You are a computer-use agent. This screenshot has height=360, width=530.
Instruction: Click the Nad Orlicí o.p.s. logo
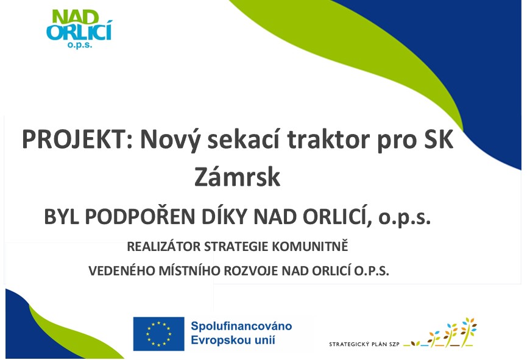(79, 29)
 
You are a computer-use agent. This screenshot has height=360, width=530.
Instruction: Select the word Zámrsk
(238, 177)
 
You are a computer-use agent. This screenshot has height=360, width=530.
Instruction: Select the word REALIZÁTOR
(164, 247)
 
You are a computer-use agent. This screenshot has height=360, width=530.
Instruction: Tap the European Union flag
(158, 334)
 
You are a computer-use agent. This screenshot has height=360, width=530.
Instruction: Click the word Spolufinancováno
(241, 326)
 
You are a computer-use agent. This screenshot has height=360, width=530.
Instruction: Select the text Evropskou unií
(233, 340)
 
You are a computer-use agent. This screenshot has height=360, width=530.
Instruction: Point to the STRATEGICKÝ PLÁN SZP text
(364, 344)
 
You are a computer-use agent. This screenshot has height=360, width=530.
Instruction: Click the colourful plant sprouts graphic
(440, 333)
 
